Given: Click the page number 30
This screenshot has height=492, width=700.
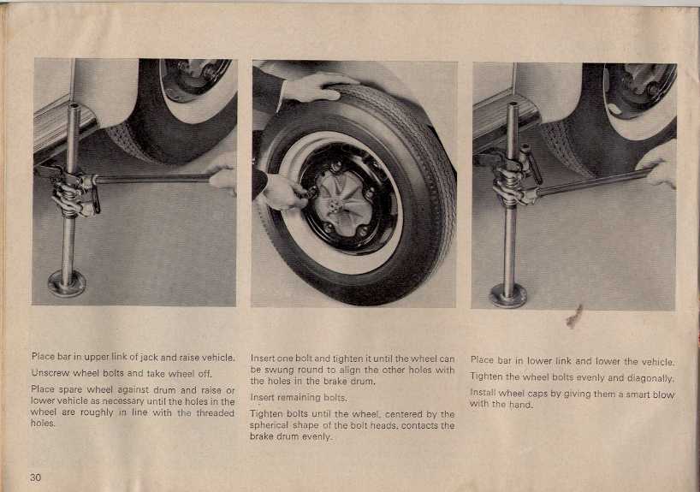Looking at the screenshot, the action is [35, 477].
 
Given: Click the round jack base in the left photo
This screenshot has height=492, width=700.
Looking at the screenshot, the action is [67, 283].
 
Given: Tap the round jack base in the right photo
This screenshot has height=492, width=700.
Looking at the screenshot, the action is [508, 294].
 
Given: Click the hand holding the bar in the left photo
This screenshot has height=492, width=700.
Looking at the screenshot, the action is [222, 175].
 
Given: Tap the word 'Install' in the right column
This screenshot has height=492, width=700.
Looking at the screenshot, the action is [483, 393].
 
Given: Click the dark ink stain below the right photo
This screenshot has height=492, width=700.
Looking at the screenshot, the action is [575, 317].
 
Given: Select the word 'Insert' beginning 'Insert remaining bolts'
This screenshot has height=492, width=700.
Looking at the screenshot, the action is [263, 397].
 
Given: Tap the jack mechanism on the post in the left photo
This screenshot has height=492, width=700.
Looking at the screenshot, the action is [74, 193].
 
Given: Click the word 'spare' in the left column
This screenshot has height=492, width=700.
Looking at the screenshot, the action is [70, 390].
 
